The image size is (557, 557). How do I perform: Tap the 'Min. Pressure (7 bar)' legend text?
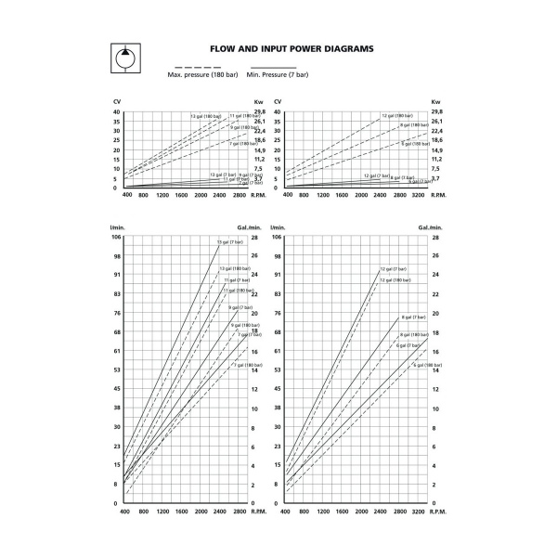tap(270, 73)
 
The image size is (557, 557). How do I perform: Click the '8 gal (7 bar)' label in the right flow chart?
tap(413, 317)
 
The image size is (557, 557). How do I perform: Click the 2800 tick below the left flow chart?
tap(240, 511)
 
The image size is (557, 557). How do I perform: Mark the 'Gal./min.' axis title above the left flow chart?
tap(259, 227)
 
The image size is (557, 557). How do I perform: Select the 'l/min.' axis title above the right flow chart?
tap(276, 227)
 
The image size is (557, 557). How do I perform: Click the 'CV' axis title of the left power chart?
tap(117, 102)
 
